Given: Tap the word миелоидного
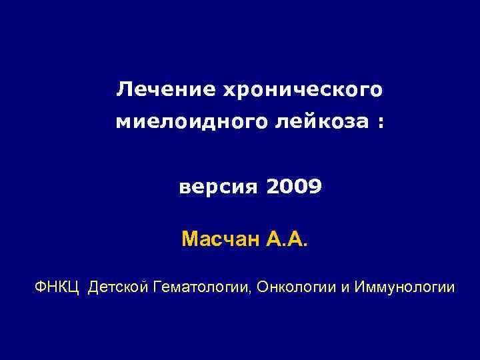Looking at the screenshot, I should pos(189,122).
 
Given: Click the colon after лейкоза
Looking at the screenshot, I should pos(380,123).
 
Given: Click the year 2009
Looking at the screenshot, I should pos(295,187).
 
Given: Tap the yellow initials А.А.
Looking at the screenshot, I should pos(287,238).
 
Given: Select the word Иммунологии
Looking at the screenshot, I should pos(405,287).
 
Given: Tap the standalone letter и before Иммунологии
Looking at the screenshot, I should pos(347,288).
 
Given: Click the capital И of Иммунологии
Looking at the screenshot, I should pos(361,287).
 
